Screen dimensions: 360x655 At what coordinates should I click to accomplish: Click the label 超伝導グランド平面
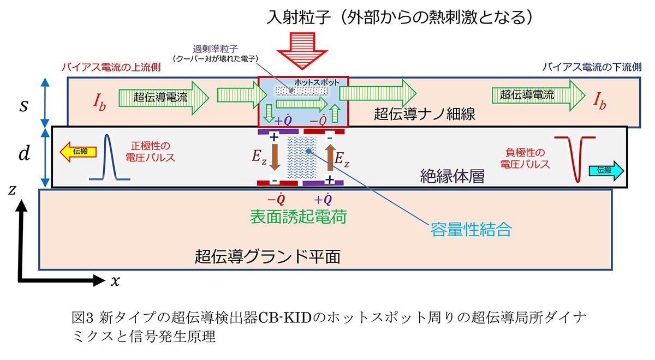click(267, 256)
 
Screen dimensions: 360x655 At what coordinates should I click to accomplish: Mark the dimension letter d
click(23, 154)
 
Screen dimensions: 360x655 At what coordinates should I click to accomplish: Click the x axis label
click(115, 281)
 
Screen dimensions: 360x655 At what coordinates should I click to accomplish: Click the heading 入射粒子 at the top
click(298, 17)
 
